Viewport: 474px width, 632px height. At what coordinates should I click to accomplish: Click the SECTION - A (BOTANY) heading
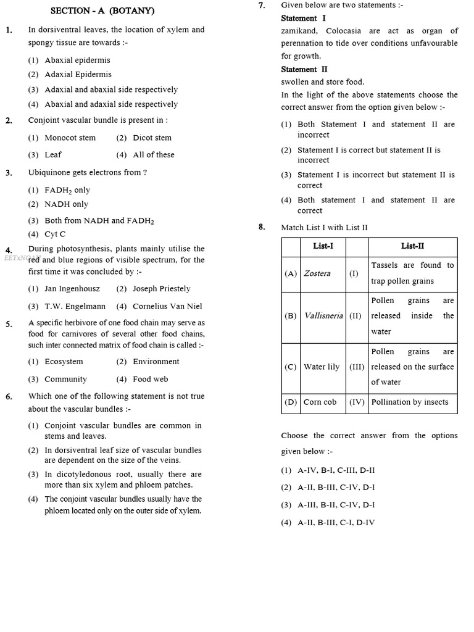tap(102, 10)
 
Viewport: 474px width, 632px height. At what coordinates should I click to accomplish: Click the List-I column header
tap(323, 246)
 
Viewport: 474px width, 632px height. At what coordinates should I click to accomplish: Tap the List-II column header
tap(412, 246)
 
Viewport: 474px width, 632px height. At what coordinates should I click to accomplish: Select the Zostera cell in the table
tap(317, 273)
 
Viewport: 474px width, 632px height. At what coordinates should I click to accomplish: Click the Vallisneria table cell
tap(323, 315)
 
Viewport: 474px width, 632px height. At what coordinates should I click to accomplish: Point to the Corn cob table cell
tap(320, 402)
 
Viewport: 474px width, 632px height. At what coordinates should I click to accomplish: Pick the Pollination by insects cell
tap(410, 402)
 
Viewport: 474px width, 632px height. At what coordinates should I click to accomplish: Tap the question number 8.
tap(262, 227)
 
